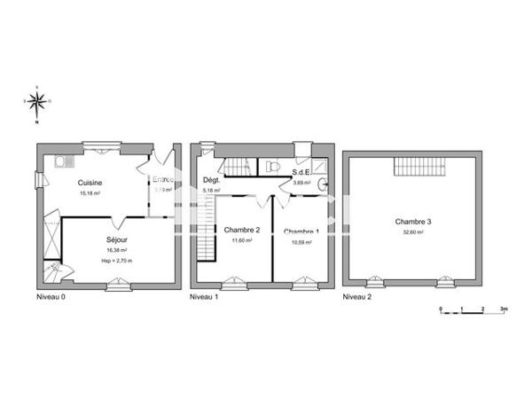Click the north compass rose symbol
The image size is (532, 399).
pos(37,105)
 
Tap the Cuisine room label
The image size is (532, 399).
pos(90,183)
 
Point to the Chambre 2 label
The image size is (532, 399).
pos(241,230)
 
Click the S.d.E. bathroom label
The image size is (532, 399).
pos(301,173)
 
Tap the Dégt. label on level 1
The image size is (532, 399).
pos(211,180)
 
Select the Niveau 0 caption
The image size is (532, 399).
pos(51,297)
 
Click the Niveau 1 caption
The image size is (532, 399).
pos(205,297)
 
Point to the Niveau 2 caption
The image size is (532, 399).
pos(357,297)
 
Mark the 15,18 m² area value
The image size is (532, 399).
pos(90,192)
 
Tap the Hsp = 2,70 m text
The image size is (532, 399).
pos(117,261)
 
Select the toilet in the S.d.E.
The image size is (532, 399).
pos(273,166)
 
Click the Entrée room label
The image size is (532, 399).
pos(163,180)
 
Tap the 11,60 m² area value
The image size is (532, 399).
pos(241,240)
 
